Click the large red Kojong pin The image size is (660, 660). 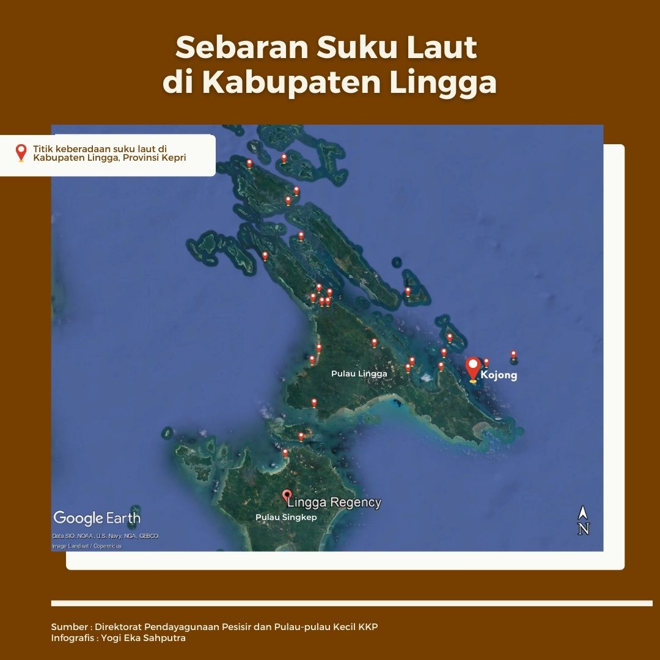coord(472,369)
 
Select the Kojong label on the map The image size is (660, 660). coord(499,375)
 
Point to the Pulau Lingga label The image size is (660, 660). coord(359,373)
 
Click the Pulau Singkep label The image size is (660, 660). coord(286,517)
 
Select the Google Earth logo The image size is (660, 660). coord(97,518)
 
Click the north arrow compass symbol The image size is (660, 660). coord(583,521)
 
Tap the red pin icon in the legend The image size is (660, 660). coord(21,152)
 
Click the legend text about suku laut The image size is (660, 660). coord(109,153)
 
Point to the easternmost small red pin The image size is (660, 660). coord(513,354)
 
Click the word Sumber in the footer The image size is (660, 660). coord(69,628)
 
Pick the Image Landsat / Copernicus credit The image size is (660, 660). coord(87,546)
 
